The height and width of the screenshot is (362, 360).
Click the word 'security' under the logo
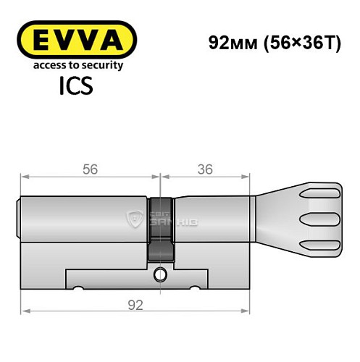[103, 65]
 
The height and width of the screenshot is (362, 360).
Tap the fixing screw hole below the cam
[159, 274]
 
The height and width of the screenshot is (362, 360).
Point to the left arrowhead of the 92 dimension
[24, 311]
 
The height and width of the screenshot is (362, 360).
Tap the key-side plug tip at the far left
[19, 218]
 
